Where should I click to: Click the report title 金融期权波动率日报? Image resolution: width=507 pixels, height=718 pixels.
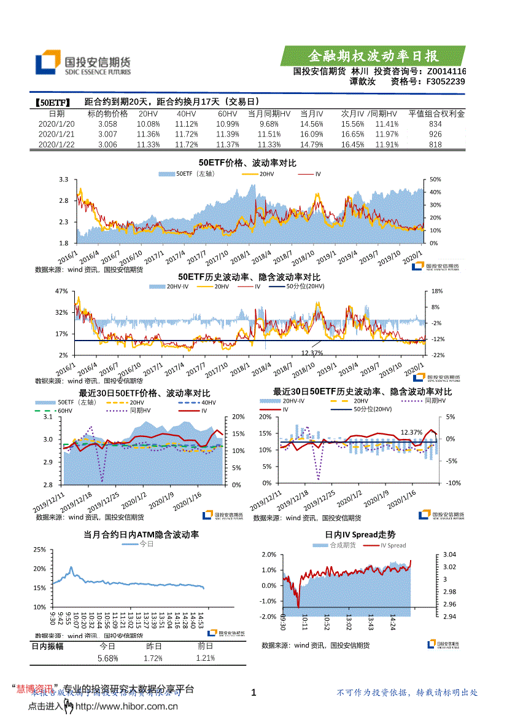[x=373, y=56]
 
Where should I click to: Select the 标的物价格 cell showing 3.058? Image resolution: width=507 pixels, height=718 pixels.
[x=107, y=124]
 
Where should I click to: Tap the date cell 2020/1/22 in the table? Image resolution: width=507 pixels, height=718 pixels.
[x=56, y=144]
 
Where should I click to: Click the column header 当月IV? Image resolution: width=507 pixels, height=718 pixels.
[x=312, y=114]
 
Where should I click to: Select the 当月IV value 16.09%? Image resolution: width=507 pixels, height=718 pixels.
[x=312, y=134]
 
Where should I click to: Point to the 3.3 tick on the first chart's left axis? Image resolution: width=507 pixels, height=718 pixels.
[x=63, y=179]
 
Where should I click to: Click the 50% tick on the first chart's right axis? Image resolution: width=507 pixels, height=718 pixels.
[x=435, y=179]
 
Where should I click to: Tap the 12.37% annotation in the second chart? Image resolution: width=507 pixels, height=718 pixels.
[x=312, y=353]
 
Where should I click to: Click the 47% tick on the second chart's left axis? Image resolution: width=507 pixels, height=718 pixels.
[x=61, y=291]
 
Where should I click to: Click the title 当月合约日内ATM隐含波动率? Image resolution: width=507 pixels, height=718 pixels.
[x=141, y=535]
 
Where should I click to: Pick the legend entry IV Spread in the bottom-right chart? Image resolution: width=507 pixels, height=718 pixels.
[x=393, y=545]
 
